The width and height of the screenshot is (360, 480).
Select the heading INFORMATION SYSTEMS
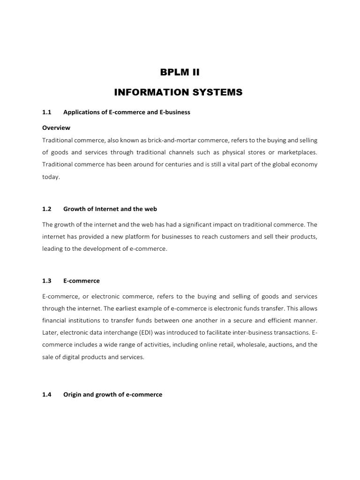tap(178, 93)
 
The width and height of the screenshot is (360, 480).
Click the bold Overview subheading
tap(56, 127)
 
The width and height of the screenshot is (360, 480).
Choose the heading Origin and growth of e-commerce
tap(112, 395)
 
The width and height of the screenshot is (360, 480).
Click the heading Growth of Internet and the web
tap(113, 209)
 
